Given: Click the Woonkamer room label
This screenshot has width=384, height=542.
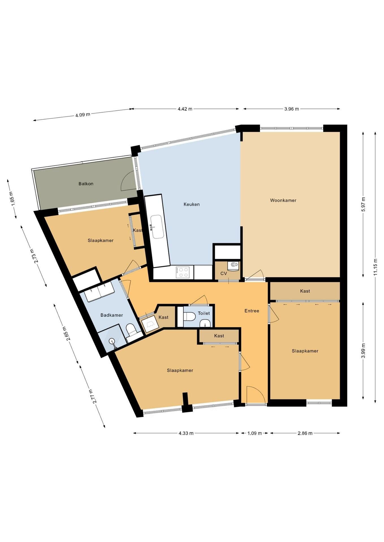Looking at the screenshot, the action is (x=283, y=200).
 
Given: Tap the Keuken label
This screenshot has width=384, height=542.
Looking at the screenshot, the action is (x=191, y=204).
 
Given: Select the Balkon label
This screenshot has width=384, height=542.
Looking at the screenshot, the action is (x=86, y=184).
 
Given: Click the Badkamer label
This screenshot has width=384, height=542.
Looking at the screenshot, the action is (x=112, y=315).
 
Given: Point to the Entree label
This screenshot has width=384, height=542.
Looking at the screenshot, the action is (x=252, y=311).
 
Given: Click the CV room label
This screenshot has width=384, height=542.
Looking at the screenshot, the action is (x=224, y=274).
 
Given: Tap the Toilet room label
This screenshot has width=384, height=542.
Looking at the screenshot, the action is (x=204, y=313).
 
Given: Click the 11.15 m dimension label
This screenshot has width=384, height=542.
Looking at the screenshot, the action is (x=375, y=267).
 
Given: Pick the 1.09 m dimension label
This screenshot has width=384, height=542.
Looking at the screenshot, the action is (x=254, y=433).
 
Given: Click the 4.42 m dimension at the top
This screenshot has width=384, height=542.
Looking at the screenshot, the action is (x=185, y=109).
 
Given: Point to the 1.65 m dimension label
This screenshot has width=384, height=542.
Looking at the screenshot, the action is (x=11, y=199).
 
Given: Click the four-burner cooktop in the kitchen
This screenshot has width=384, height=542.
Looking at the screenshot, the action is (x=182, y=272).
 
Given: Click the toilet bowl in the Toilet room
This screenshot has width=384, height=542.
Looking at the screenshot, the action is (x=189, y=317).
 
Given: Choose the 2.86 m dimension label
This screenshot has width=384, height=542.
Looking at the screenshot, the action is (x=305, y=433).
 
